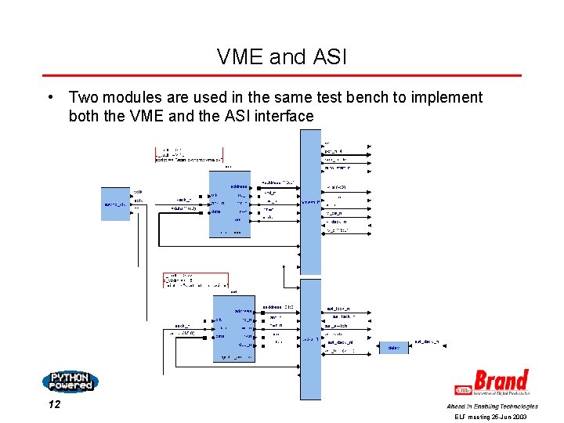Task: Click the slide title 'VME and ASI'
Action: (281, 56)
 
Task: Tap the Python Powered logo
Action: (70, 381)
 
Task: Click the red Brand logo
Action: (493, 382)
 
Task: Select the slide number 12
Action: (54, 405)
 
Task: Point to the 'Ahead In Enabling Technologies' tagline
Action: (492, 407)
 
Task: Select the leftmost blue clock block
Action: (115, 204)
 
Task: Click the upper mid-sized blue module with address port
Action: (230, 204)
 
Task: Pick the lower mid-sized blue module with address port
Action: (233, 328)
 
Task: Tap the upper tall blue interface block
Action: (310, 202)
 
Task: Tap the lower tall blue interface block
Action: (310, 338)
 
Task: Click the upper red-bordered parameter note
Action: (189, 154)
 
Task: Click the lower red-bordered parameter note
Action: (195, 280)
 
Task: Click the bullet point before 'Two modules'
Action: (49, 98)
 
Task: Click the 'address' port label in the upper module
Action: (239, 186)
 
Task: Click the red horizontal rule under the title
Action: (281, 76)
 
